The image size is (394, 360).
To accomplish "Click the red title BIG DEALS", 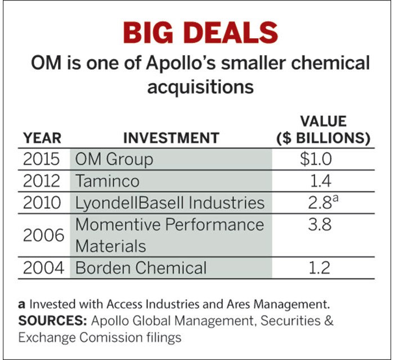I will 200,33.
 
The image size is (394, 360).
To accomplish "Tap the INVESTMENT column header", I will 171,138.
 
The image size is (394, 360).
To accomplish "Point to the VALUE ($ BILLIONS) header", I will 323,130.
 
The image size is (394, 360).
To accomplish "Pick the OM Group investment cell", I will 114,159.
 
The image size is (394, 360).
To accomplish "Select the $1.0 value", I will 316,159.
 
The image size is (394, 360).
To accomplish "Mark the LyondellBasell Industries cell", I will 169,202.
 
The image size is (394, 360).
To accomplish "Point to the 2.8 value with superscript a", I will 319,202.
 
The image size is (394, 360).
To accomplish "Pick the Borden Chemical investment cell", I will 141,268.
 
